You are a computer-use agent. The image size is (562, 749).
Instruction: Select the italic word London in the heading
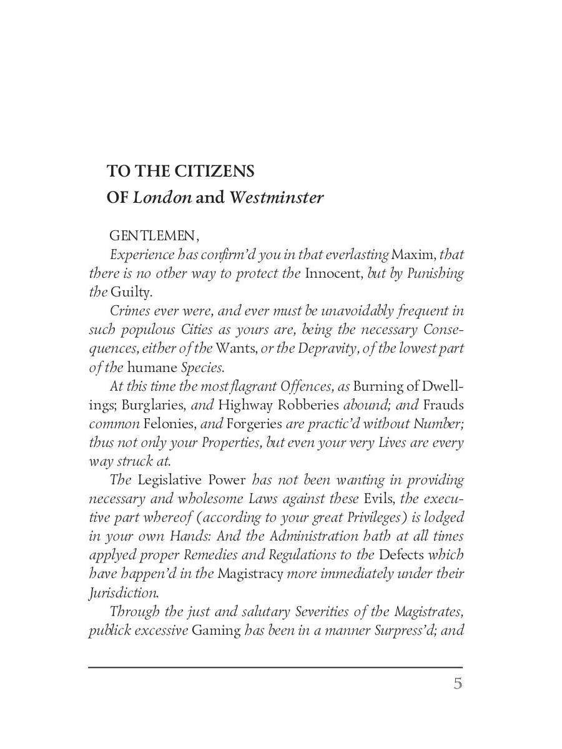(162, 198)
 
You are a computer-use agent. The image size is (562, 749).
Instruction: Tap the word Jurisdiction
(123, 592)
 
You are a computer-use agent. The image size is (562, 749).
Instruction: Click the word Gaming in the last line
(215, 630)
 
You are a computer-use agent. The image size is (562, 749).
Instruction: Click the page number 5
(458, 683)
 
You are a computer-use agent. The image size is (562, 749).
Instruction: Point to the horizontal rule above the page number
(275, 667)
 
